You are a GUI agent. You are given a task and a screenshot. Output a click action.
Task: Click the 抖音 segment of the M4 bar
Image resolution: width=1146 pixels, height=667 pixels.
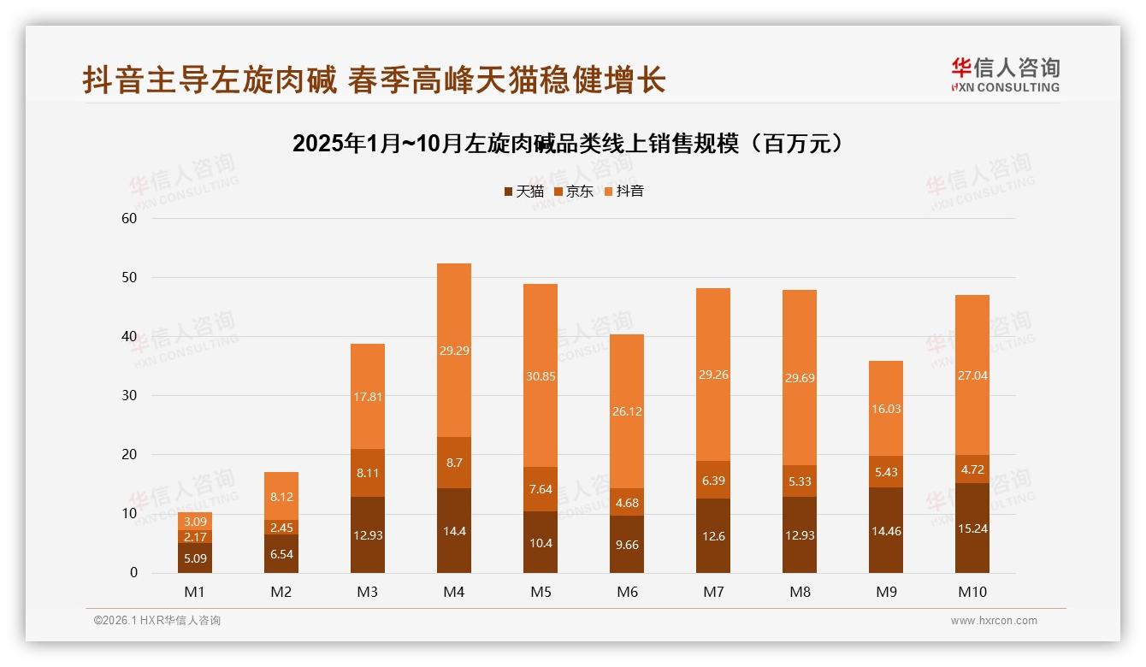click(x=454, y=350)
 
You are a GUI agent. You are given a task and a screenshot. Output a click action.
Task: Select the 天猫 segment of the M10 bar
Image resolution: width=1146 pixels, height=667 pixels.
click(x=972, y=528)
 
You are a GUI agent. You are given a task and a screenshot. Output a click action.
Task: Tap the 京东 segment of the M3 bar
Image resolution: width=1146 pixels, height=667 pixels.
click(x=368, y=472)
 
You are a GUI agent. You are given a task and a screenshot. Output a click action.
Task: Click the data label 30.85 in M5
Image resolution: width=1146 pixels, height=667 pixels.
click(x=541, y=376)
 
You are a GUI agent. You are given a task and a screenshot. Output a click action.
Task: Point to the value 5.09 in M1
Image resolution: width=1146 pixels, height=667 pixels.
click(x=195, y=558)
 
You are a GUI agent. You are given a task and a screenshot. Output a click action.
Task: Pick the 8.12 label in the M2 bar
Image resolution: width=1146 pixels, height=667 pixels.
click(x=281, y=496)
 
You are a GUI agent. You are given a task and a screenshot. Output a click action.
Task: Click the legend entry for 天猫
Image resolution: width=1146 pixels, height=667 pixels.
click(x=523, y=192)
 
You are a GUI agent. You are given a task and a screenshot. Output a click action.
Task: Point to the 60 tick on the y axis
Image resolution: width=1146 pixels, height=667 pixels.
click(x=130, y=218)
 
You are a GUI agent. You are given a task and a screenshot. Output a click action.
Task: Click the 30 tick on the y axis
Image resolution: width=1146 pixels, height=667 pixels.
click(x=130, y=395)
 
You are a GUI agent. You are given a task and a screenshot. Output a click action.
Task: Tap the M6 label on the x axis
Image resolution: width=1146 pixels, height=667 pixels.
click(x=627, y=592)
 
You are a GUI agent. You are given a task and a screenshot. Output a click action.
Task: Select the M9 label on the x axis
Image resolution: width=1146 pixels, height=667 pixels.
click(x=886, y=592)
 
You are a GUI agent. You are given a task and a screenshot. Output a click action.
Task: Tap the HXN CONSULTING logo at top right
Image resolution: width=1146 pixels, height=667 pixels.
click(x=1005, y=75)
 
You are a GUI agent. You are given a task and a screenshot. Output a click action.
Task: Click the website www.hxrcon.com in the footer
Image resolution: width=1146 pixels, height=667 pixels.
click(x=994, y=621)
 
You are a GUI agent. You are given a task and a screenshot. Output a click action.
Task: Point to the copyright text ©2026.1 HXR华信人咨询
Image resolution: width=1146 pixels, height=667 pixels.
click(x=157, y=621)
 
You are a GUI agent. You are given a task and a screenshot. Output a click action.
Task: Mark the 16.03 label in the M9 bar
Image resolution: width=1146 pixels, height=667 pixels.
click(x=886, y=409)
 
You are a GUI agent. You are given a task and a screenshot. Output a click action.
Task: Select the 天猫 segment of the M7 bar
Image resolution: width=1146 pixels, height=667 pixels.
click(x=713, y=535)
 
